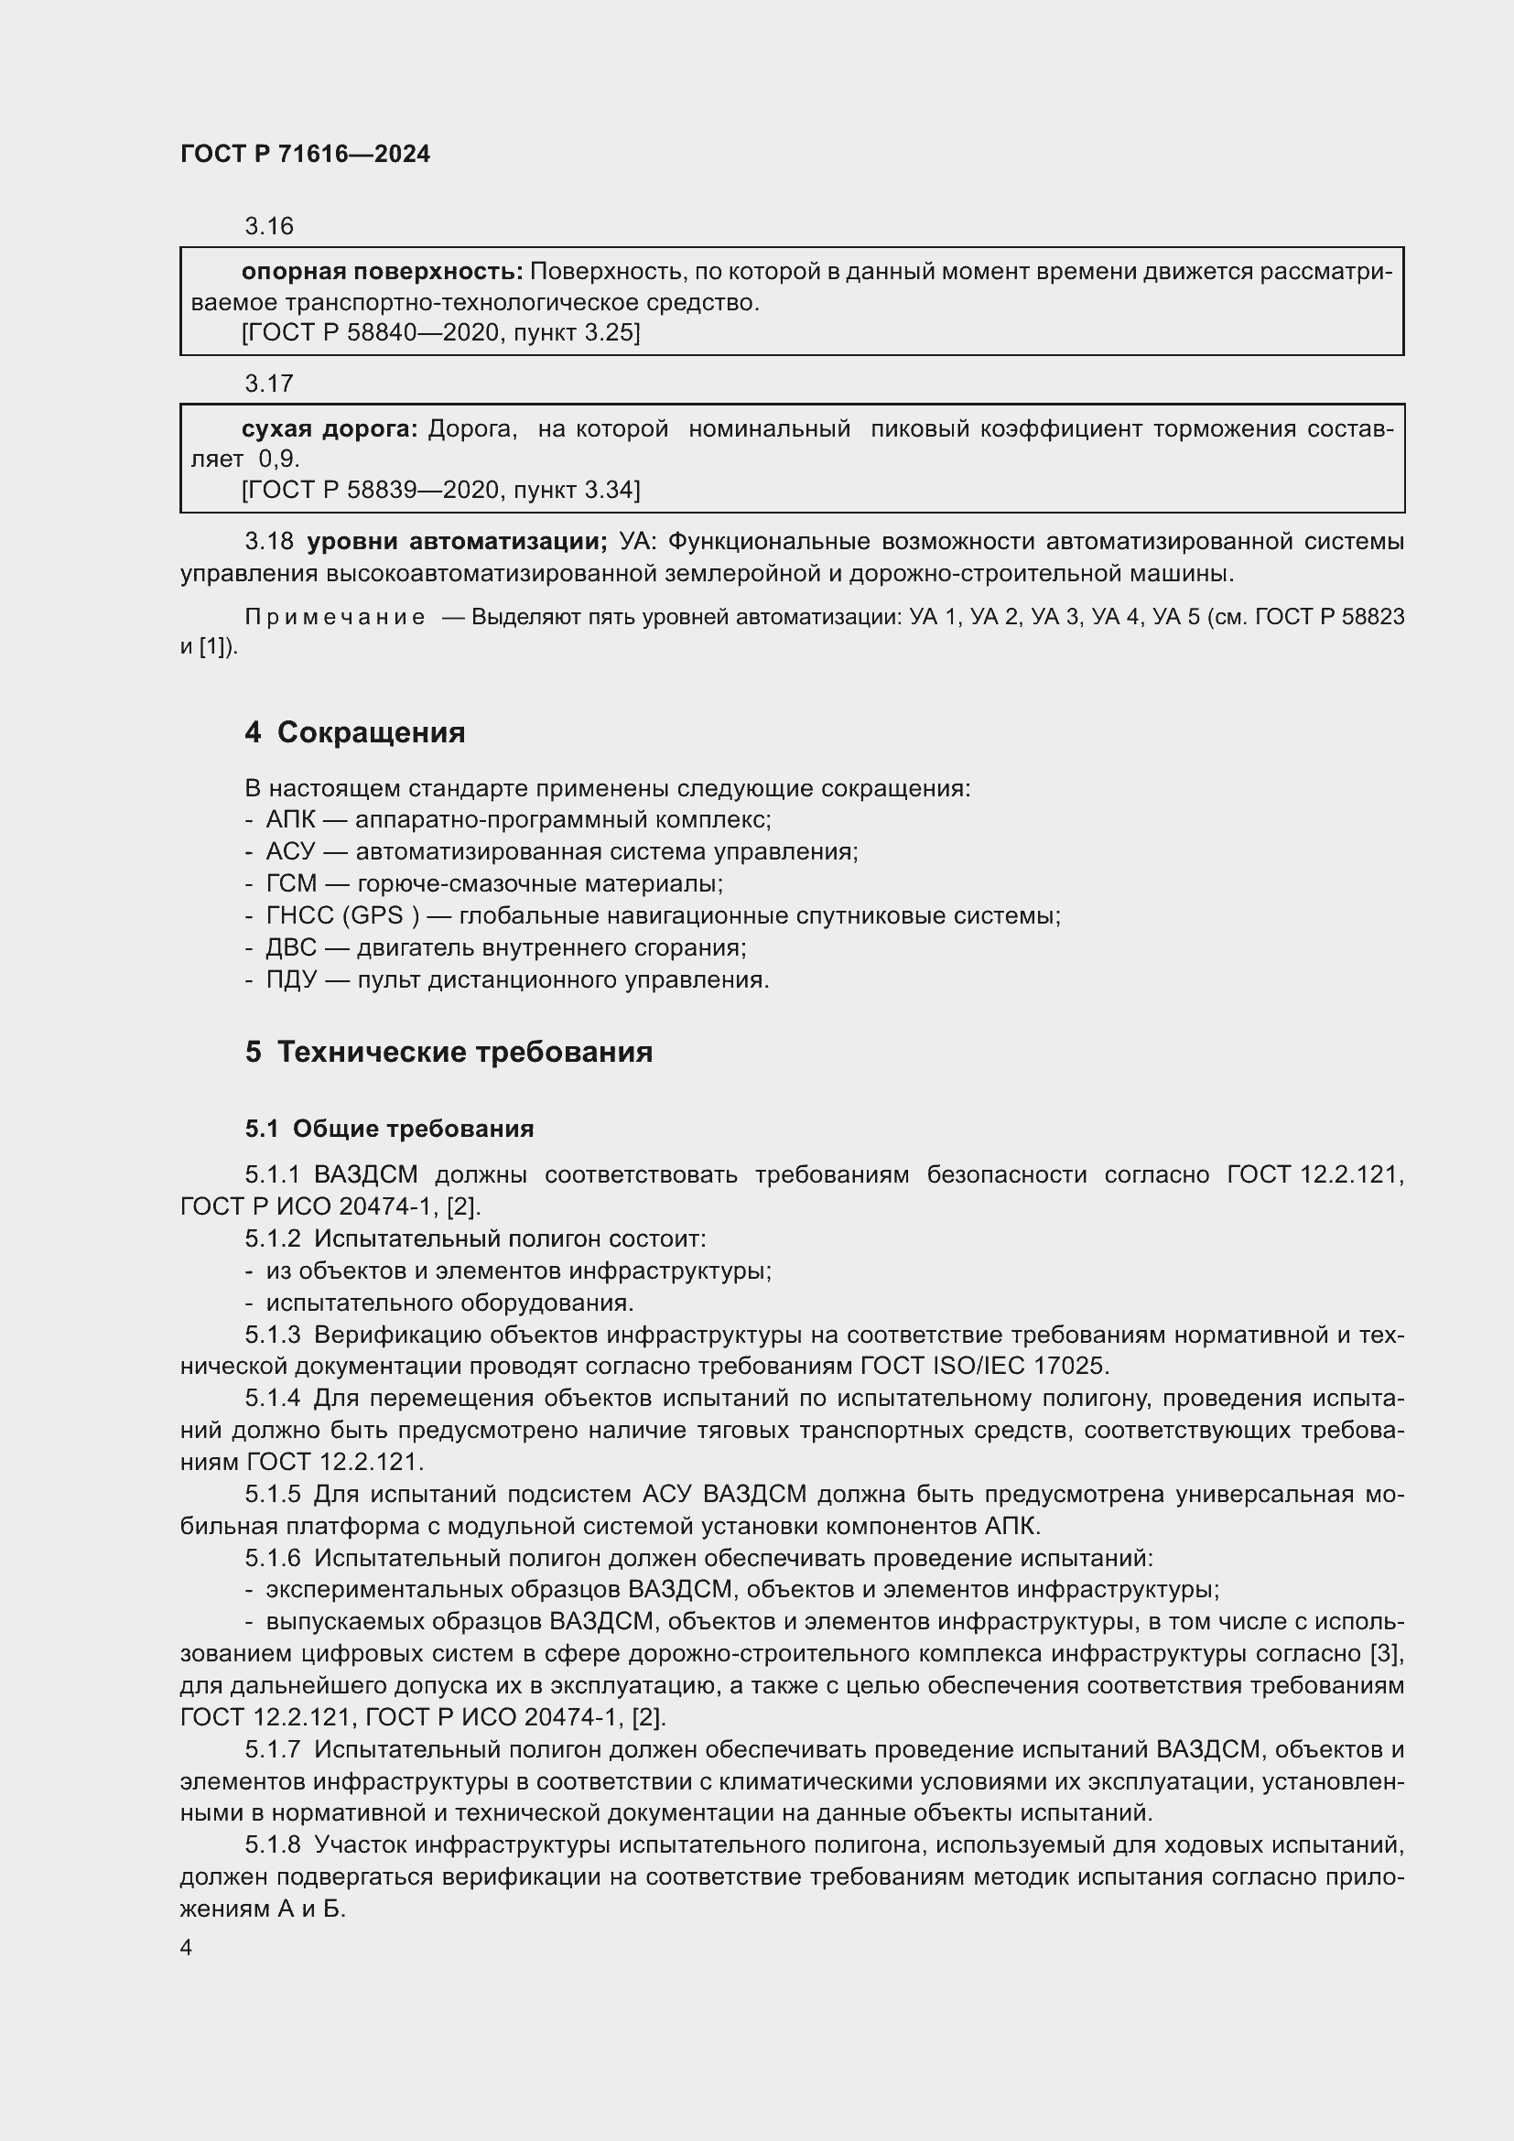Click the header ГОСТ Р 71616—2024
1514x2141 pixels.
point(305,154)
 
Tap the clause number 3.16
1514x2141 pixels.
point(268,226)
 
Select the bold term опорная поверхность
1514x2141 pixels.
point(382,271)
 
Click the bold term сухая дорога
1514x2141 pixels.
point(330,429)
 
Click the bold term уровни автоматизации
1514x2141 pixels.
point(457,541)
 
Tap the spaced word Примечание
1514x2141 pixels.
point(335,616)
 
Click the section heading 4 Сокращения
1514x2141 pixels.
point(354,732)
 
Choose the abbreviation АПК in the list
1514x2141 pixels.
point(291,819)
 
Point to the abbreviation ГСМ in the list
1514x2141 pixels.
point(291,883)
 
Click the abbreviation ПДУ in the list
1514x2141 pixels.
point(291,979)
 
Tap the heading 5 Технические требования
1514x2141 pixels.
point(449,1052)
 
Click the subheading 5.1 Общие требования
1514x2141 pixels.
point(389,1129)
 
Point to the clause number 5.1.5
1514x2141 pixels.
point(272,1494)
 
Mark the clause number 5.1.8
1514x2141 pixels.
point(272,1844)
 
